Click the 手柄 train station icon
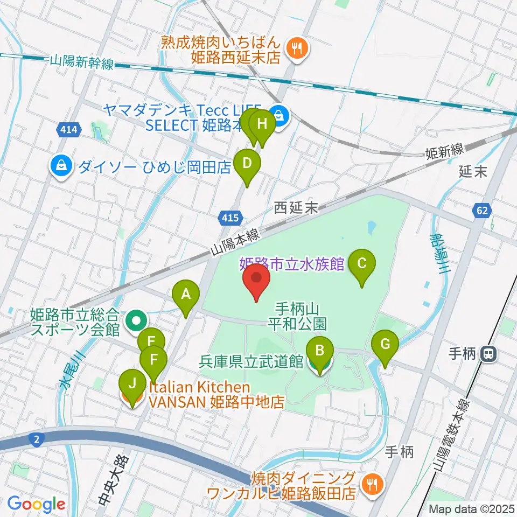tap(490, 354)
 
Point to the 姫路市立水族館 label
tap(291, 264)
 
